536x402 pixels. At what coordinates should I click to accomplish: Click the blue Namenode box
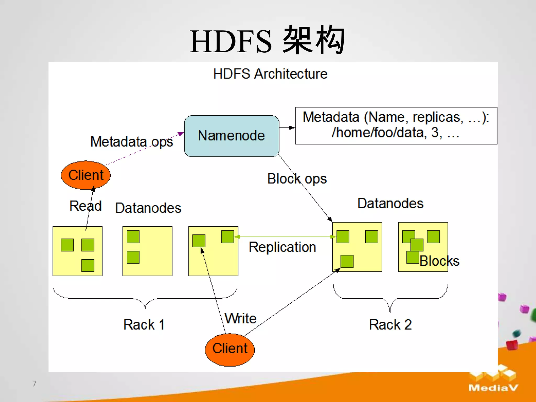coord(231,136)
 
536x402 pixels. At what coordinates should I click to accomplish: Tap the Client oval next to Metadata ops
coord(86,175)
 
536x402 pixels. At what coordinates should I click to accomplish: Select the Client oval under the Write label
coord(230,349)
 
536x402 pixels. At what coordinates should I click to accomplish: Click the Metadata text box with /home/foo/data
coord(396,125)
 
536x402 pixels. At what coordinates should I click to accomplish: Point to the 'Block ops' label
coord(297,179)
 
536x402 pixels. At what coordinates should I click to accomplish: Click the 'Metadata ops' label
coord(131,142)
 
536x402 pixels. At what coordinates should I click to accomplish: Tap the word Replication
coord(282,247)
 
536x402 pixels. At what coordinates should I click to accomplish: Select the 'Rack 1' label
coord(144,325)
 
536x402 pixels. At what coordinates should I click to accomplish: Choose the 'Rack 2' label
coord(390,325)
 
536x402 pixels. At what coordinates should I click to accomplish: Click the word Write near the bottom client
coord(240,318)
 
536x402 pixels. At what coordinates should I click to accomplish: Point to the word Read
coord(85,206)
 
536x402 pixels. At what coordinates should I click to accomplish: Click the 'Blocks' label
coord(439,261)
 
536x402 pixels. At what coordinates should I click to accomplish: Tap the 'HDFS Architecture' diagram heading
coord(270,74)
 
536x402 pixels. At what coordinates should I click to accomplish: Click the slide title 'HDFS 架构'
coord(267,41)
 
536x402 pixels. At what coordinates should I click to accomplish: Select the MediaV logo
coord(493,379)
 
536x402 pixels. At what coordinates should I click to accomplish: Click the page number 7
coord(34,383)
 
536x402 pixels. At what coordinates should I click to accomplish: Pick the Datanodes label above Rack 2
coord(390,203)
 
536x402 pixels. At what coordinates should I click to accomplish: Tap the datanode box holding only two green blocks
coord(147,251)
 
